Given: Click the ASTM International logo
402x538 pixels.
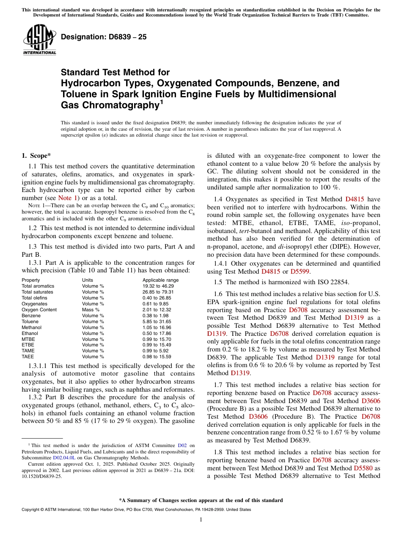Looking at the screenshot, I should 39,40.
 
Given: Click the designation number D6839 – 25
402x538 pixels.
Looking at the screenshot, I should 104,37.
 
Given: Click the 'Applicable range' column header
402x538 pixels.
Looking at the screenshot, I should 160,280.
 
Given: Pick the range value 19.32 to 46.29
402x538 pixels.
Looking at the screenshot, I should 158,286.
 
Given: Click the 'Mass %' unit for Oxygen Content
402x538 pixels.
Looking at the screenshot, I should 91,310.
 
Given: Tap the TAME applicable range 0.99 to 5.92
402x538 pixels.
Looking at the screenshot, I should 157,351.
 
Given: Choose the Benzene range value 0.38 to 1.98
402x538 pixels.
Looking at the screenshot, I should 157,316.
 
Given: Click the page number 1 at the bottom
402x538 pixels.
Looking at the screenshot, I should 201,520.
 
